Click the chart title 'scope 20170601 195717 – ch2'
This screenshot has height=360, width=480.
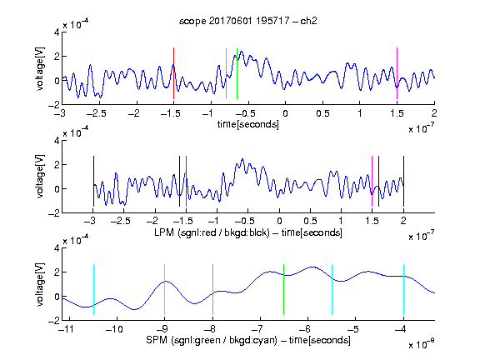(248, 21)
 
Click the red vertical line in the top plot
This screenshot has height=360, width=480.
(173, 73)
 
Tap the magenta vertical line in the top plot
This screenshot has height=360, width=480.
(397, 73)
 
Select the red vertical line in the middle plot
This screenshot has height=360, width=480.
(186, 181)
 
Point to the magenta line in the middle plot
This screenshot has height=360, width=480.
(372, 181)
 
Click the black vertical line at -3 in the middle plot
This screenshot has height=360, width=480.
(93, 181)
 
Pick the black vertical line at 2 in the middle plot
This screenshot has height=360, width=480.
(403, 181)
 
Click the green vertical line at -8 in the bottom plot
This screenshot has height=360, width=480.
(212, 289)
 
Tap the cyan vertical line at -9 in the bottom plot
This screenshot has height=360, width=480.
(165, 289)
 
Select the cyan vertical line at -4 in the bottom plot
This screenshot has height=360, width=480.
(403, 289)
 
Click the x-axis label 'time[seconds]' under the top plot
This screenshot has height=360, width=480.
(248, 124)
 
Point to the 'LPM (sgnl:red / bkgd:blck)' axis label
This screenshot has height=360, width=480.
(212, 232)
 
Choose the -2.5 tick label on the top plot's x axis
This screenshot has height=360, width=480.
(96, 113)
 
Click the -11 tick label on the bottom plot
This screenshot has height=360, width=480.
(67, 329)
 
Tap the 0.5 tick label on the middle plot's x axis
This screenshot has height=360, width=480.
(310, 221)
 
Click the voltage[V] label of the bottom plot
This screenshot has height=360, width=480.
(40, 284)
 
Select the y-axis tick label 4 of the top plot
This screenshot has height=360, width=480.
(57, 32)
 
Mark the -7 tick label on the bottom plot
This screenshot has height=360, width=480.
(257, 329)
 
